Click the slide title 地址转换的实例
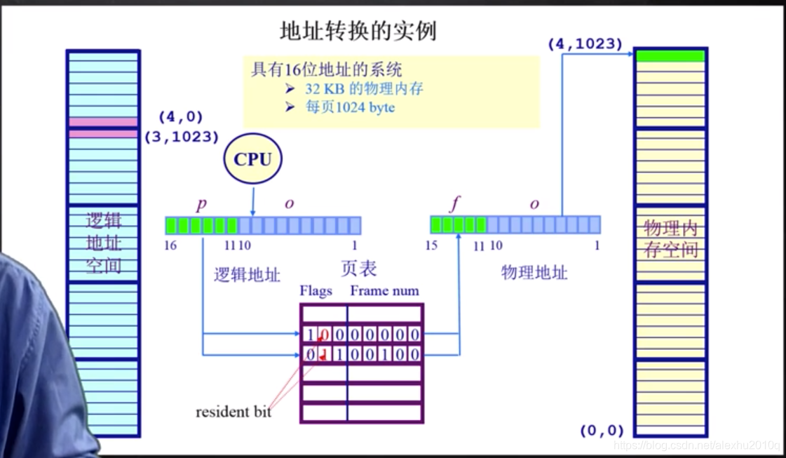(x=358, y=32)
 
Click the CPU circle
(x=252, y=160)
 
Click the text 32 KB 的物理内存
(x=364, y=89)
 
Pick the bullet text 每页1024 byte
(x=350, y=107)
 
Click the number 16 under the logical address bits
(x=170, y=245)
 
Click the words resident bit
(x=233, y=412)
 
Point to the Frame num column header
(x=384, y=290)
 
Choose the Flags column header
(x=316, y=290)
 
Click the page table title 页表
(x=359, y=268)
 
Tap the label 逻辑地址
(x=247, y=274)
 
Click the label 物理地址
(x=534, y=272)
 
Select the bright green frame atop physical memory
(x=670, y=56)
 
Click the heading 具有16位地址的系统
(x=326, y=69)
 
